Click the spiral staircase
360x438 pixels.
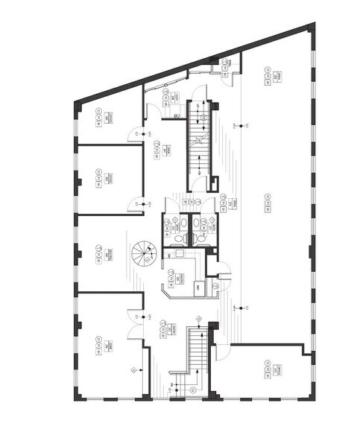pyautogui.click(x=141, y=256)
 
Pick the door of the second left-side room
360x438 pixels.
pyautogui.click(x=136, y=203)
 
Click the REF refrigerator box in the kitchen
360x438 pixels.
pyautogui.click(x=199, y=287)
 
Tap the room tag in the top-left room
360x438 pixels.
pyautogui.click(x=100, y=117)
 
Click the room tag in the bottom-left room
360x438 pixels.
pyautogui.click(x=100, y=345)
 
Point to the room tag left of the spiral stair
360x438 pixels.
pyautogui.click(x=100, y=256)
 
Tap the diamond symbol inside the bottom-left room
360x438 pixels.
pyautogui.click(x=134, y=369)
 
